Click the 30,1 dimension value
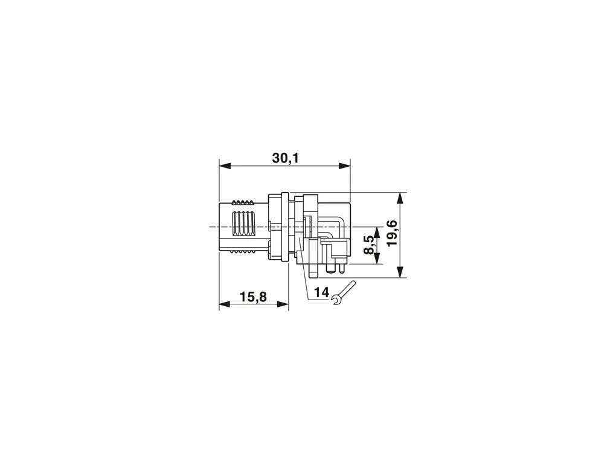(285, 158)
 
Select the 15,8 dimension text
(253, 297)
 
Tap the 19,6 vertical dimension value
(392, 233)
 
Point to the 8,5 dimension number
(369, 245)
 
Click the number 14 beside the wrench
(321, 292)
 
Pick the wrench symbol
(344, 293)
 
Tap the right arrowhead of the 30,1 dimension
(344, 166)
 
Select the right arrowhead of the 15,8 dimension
(283, 304)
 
